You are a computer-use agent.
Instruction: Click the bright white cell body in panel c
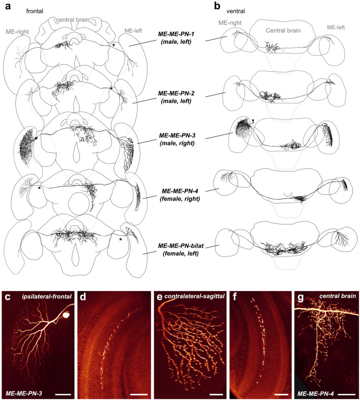(x=65, y=316)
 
